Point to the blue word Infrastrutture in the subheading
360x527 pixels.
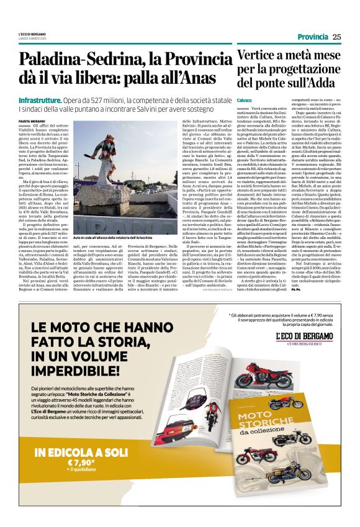pos(40,100)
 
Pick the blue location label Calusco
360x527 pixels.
pos(245,100)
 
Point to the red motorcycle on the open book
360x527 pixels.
pos(250,379)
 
